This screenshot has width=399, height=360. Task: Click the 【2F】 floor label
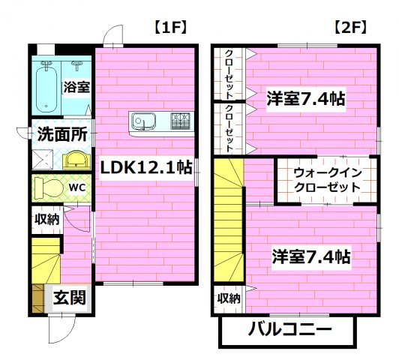[x=349, y=28]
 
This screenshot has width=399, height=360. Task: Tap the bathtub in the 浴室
[x=50, y=88]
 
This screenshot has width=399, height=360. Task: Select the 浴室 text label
[x=76, y=87]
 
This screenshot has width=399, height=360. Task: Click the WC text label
[x=78, y=185]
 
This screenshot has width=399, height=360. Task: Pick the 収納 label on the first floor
[x=46, y=219]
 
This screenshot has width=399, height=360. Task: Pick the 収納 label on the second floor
[x=229, y=298]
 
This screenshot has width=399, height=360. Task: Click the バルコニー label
[x=286, y=328]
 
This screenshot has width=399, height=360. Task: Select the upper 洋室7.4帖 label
[x=306, y=97]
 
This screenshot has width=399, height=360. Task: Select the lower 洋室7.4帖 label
[x=310, y=256]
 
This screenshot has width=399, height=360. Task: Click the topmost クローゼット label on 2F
[x=229, y=73]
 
